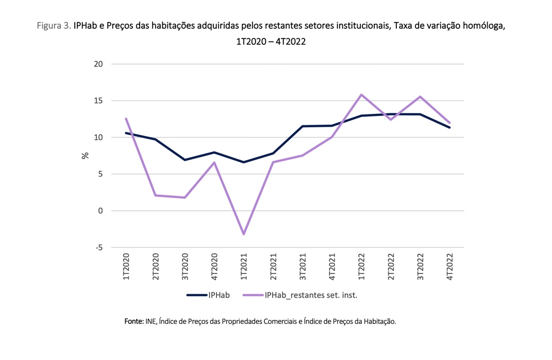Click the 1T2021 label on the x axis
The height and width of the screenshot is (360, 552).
point(244,266)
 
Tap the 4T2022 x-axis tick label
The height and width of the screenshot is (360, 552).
point(450,266)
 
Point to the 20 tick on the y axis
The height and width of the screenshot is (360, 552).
point(98,64)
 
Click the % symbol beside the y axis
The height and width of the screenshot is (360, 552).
point(86,156)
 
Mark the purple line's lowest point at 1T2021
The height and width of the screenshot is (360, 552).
point(244,234)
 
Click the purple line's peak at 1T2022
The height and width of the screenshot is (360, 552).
point(362,95)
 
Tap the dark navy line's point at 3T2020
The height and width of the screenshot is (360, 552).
point(185,160)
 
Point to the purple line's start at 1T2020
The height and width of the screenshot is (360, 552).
point(126,118)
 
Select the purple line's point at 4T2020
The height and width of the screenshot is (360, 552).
point(214,163)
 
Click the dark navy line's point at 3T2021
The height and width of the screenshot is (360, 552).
point(303,126)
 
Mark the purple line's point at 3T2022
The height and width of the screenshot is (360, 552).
point(421,97)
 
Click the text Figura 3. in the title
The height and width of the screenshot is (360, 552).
point(54,25)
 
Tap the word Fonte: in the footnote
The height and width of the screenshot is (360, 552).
point(133,321)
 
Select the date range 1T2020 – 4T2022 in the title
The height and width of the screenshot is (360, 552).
point(271,41)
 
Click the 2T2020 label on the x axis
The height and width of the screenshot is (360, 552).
point(155,266)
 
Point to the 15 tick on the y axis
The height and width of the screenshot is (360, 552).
point(98,101)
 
